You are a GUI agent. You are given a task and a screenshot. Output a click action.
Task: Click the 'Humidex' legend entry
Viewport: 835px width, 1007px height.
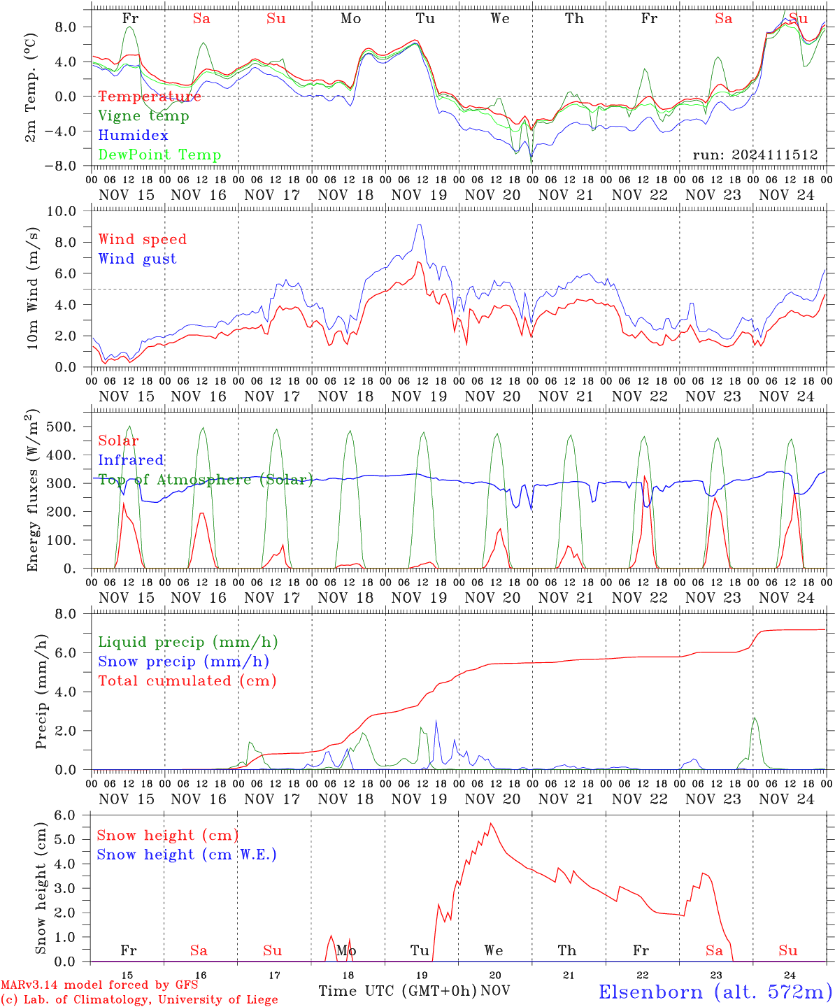133,135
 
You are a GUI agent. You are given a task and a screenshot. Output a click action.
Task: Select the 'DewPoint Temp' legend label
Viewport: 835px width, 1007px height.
159,155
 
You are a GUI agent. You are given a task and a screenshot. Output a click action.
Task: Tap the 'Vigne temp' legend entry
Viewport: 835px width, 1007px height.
144,116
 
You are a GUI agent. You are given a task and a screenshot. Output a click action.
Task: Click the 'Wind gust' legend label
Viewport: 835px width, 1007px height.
138,259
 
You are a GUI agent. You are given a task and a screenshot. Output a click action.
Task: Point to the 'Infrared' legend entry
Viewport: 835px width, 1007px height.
131,460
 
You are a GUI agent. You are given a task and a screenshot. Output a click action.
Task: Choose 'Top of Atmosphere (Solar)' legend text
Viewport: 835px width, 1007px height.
206,480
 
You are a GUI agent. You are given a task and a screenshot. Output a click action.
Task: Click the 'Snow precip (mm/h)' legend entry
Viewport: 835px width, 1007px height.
183,662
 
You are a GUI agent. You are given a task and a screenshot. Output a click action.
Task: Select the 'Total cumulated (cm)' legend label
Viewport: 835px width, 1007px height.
187,680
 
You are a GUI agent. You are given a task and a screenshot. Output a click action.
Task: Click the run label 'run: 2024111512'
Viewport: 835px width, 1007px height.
755,155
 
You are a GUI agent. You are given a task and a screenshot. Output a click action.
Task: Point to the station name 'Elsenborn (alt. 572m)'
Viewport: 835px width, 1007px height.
716,992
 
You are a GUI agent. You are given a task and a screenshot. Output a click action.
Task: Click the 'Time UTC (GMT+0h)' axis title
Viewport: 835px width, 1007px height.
397,991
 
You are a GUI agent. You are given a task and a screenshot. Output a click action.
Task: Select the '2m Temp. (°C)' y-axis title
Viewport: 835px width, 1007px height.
30,87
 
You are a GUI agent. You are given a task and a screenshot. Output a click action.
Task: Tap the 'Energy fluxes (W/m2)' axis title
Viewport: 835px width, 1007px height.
32,490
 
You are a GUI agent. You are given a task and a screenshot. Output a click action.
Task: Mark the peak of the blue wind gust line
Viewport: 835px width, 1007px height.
419,224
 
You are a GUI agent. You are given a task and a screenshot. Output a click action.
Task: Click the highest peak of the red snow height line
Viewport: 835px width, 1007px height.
491,823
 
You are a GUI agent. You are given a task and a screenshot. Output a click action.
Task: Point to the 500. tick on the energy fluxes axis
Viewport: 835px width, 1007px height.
61,427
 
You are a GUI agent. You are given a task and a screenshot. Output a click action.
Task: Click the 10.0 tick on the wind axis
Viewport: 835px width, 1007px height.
62,211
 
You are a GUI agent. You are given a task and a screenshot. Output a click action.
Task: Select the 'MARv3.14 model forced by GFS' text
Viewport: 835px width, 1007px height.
99,985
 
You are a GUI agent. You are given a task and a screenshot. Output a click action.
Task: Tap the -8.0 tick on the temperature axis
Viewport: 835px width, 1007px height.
60,166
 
